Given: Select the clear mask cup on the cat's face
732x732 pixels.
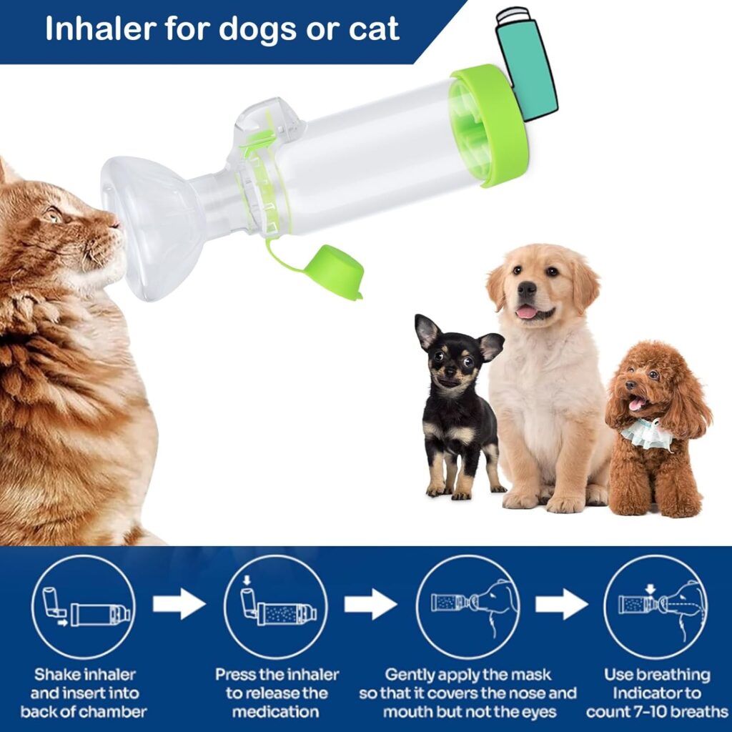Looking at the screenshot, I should (152, 225).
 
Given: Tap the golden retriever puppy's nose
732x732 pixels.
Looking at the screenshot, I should (527, 290).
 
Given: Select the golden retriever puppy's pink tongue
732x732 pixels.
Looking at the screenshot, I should (527, 312).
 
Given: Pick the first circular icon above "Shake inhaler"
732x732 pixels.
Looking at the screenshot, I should (83, 607).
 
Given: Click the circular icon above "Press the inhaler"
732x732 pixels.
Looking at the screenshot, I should (275, 607).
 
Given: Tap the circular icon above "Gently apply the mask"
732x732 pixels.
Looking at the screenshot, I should (468, 607).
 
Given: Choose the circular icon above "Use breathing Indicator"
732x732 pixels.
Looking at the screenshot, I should (656, 607).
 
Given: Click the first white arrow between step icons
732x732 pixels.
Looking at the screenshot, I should (179, 605).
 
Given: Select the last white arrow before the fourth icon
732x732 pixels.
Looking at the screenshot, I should (561, 605).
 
